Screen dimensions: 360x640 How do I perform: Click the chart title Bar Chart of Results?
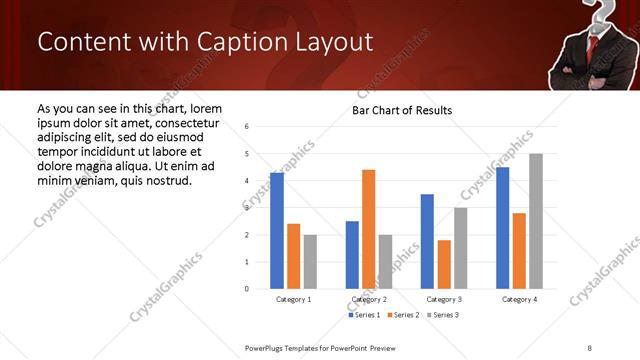401,110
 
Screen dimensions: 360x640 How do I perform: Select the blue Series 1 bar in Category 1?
277,231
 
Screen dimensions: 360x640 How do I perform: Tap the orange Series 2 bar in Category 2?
368,229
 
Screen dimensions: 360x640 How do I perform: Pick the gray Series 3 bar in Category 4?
536,221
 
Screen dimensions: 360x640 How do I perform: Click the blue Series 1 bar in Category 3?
427,241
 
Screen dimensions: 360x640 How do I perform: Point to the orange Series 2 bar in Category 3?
444,264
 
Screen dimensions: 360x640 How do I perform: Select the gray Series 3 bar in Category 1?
310,262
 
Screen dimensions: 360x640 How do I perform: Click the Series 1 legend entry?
364,315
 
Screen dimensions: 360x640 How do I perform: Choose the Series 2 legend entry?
403,315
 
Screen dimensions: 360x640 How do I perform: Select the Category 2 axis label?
368,299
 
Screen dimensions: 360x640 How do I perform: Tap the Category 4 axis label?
519,299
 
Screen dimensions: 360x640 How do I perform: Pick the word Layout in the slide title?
332,42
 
